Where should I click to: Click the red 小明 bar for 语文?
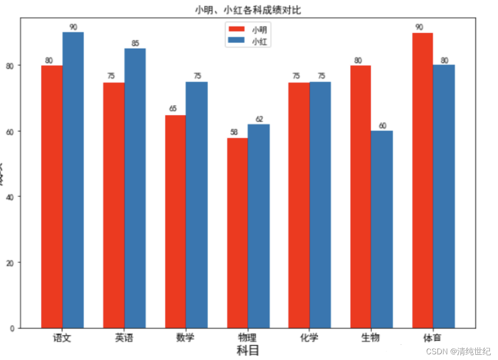pyautogui.click(x=52, y=196)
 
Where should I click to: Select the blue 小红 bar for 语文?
pyautogui.click(x=73, y=180)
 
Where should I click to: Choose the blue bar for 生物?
pyautogui.click(x=382, y=229)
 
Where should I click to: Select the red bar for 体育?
pyautogui.click(x=422, y=180)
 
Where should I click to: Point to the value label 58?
pyautogui.click(x=235, y=132)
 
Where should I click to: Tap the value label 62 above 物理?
pyautogui.click(x=259, y=119)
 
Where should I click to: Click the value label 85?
pyautogui.click(x=135, y=44)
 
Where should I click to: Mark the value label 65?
pyautogui.click(x=173, y=109)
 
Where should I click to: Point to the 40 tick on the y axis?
pyautogui.click(x=11, y=197)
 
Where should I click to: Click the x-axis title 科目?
pyautogui.click(x=248, y=351)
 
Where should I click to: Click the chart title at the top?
pyautogui.click(x=248, y=10)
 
